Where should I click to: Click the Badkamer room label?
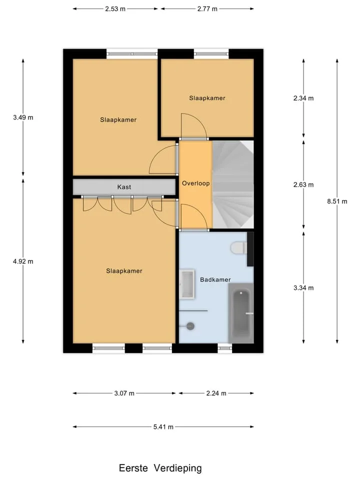click(x=215, y=279)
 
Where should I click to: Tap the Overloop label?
click(x=195, y=183)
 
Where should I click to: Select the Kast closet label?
click(x=124, y=186)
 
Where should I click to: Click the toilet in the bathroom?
click(x=239, y=248)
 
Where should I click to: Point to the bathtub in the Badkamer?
click(x=241, y=313)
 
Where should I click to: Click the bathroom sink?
click(x=187, y=284)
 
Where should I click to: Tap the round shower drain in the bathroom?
click(x=190, y=326)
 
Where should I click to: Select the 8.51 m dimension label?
click(x=337, y=201)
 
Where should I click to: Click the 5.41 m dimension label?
click(x=163, y=426)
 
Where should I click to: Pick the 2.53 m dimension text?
click(x=115, y=9)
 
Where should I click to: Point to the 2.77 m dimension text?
click(x=207, y=9)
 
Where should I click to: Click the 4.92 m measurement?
click(x=23, y=261)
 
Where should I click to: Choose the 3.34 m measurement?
click(x=303, y=288)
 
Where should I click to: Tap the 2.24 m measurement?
click(x=216, y=393)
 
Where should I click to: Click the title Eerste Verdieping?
click(x=160, y=468)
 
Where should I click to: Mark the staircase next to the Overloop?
click(x=233, y=184)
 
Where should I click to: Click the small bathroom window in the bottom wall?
click(x=225, y=348)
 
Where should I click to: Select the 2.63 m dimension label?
click(x=303, y=184)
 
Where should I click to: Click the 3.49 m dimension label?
click(x=23, y=117)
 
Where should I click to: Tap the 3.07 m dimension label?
click(x=124, y=393)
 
